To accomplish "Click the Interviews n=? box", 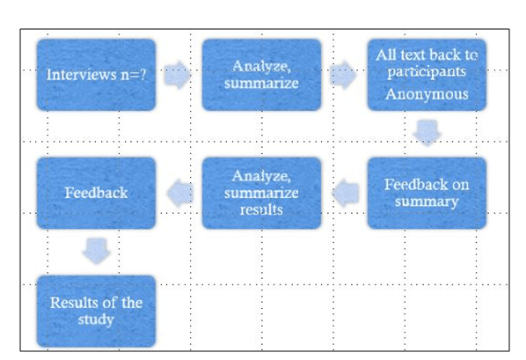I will [96, 74].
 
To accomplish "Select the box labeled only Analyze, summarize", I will [261, 74].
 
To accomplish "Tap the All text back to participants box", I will [427, 74].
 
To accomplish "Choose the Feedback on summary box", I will [427, 193].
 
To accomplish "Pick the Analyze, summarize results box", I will [261, 193].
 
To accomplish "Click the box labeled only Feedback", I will [96, 193].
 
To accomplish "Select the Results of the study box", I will [96, 311].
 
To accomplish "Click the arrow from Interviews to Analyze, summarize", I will [178, 76].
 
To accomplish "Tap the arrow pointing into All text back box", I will [343, 76].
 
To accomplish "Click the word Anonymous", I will [427, 94].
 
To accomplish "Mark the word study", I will [96, 320].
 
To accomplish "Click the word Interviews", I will [80, 75].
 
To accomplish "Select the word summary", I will [427, 202].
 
